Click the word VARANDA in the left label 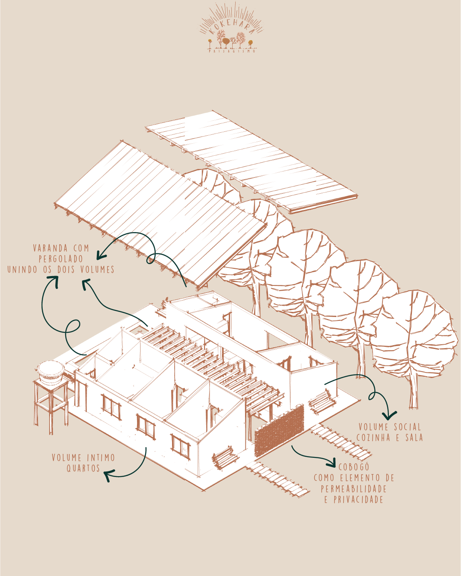[50, 248]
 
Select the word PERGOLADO [61, 259]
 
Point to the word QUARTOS [83, 468]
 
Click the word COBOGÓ [354, 467]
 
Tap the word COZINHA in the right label [373, 437]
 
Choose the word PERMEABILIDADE [354, 489]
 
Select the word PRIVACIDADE [359, 500]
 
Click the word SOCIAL [408, 427]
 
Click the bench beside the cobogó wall [322, 401]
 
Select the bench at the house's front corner [225, 457]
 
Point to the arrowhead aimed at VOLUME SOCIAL [389, 415]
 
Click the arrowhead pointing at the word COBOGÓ [331, 463]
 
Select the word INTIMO [101, 458]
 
